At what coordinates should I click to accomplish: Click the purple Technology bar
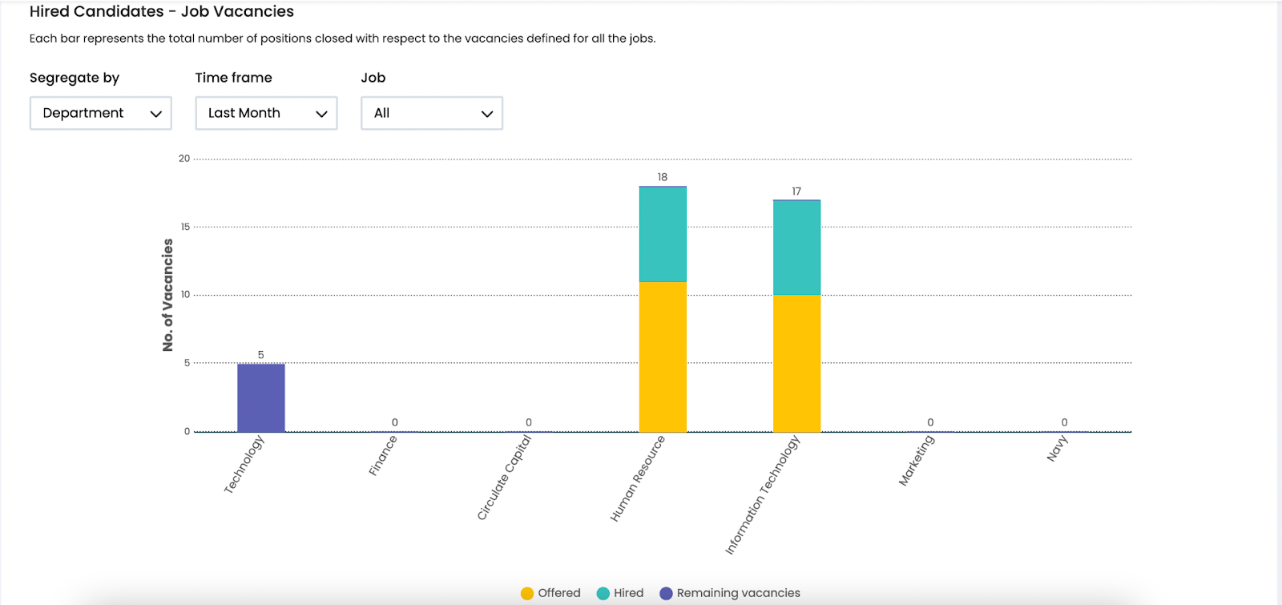(260, 397)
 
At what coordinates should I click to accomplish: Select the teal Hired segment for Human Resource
(663, 234)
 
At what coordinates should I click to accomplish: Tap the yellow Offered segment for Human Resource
(663, 357)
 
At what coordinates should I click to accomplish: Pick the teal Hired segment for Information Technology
(796, 248)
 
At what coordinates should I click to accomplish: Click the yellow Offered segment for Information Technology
(796, 363)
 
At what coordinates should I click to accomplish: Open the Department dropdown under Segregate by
(101, 113)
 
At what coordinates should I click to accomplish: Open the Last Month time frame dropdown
(266, 113)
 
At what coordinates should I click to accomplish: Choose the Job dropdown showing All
(431, 113)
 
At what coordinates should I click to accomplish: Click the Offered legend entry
(550, 593)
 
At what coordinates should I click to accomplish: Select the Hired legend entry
(620, 593)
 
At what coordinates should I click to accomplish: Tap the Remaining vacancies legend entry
(730, 593)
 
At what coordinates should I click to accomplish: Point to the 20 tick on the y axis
(184, 159)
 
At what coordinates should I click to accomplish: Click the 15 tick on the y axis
(185, 227)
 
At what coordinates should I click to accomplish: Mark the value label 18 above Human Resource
(663, 177)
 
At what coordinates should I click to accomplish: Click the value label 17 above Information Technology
(796, 192)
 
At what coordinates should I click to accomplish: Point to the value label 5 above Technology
(260, 355)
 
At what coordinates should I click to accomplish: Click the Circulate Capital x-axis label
(504, 478)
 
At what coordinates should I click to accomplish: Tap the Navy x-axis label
(1058, 449)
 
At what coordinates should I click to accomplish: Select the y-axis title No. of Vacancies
(167, 295)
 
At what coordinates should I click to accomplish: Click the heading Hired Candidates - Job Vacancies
(162, 12)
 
